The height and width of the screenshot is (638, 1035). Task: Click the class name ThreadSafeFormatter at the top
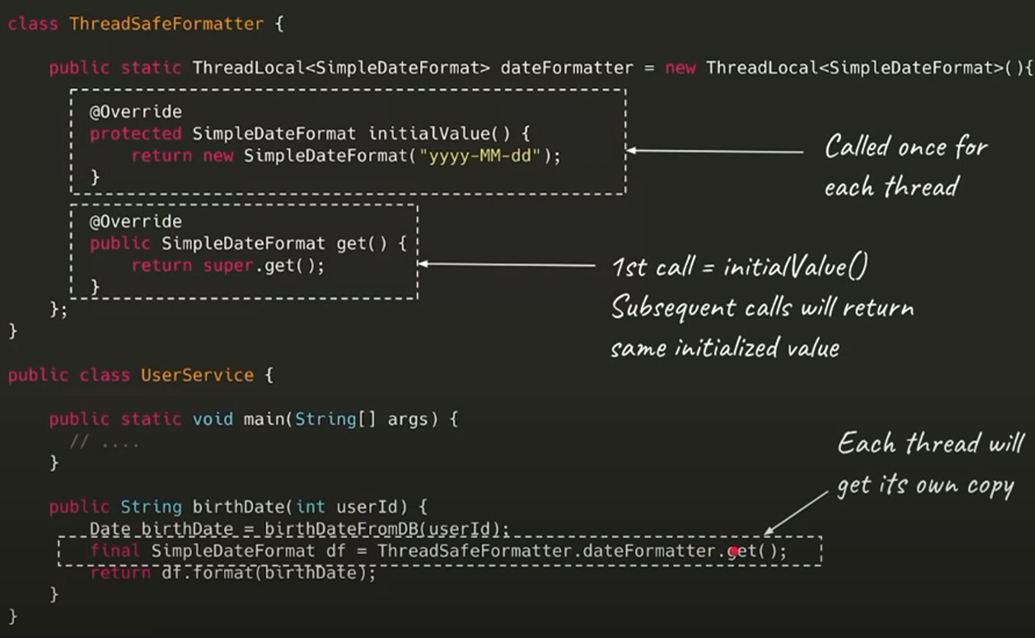166,24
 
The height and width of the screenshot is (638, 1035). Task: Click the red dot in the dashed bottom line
734,552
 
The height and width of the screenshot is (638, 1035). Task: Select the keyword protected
136,134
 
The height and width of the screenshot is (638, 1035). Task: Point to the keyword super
228,266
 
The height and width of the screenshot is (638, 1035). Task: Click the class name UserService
197,375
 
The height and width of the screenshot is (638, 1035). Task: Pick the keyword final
115,551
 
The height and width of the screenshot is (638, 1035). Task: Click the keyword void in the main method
212,419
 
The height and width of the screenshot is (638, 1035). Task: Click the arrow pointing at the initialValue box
715,151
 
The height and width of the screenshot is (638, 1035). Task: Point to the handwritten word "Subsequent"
673,308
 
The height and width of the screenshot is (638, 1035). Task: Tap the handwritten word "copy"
990,486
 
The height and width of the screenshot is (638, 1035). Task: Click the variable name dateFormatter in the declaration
567,68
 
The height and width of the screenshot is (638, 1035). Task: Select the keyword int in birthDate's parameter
310,507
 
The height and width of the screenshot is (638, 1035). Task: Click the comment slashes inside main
79,442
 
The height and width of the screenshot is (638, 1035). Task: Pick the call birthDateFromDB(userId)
386,529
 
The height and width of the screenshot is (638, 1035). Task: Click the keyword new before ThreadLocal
680,68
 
